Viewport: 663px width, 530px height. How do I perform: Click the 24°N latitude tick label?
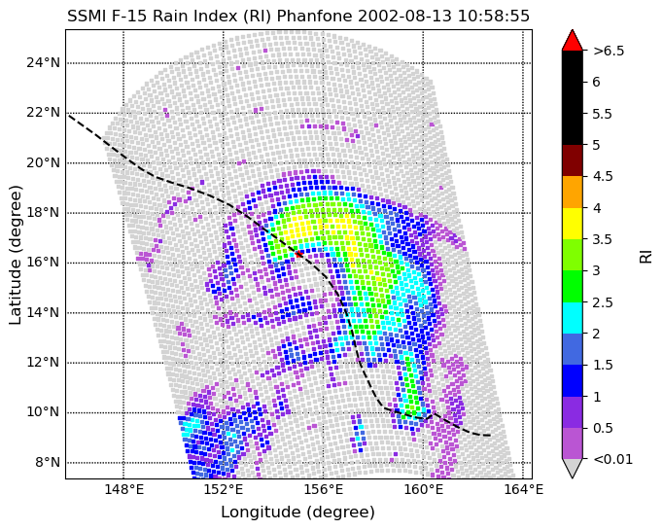(43, 63)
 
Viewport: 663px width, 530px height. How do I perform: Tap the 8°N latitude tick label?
(47, 462)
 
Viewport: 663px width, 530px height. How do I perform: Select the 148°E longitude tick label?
(123, 490)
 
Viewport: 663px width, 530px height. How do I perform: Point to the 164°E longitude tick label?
(523, 490)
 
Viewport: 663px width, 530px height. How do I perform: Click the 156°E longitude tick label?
(324, 490)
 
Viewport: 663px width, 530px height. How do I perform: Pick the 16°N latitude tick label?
(43, 263)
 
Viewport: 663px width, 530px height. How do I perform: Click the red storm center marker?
(299, 254)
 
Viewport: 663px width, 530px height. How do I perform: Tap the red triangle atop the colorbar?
(572, 40)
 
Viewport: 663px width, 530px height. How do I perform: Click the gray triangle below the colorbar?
(572, 468)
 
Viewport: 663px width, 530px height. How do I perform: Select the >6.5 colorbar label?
(609, 51)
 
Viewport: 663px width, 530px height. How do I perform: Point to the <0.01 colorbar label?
(612, 459)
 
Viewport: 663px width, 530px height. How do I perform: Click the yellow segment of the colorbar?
(572, 224)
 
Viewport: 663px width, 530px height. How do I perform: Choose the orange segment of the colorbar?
(572, 192)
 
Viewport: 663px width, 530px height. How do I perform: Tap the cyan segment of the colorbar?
(572, 318)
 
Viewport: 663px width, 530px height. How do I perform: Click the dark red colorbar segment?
(572, 160)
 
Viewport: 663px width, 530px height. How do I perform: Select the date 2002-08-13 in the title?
(404, 17)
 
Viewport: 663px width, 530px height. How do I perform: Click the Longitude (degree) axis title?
(297, 512)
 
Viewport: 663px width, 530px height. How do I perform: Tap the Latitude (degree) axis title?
(15, 255)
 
